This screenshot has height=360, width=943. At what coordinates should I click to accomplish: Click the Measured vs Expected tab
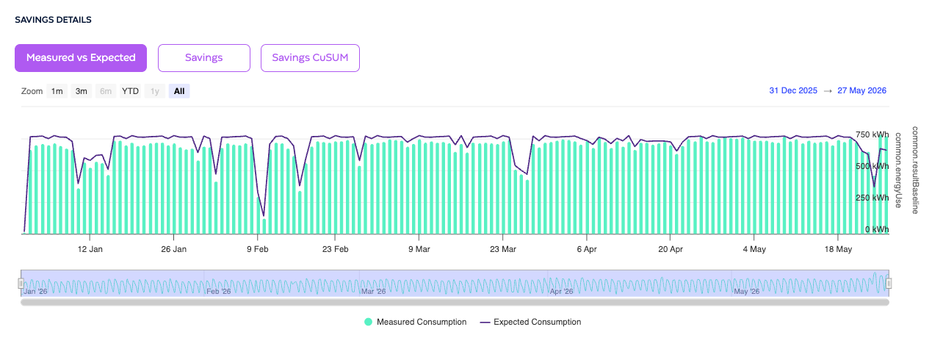(81, 58)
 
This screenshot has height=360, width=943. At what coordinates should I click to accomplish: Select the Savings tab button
(204, 58)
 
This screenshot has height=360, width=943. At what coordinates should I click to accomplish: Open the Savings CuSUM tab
(310, 58)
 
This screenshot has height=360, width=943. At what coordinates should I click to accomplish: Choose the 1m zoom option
(57, 91)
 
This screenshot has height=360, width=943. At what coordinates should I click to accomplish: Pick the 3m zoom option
(82, 91)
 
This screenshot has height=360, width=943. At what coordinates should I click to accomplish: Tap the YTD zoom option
(130, 91)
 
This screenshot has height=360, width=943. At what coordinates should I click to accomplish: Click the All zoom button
(179, 91)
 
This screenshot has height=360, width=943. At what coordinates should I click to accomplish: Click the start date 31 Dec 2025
(793, 90)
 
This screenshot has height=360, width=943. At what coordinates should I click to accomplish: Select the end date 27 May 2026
(861, 90)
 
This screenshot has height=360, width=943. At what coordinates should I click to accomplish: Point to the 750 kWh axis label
(872, 134)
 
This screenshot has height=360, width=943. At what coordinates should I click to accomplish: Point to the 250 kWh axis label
(872, 198)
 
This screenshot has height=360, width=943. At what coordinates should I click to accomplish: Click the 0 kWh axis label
(877, 229)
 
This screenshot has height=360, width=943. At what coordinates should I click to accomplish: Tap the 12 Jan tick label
(90, 249)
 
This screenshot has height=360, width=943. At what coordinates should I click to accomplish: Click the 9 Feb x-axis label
(258, 249)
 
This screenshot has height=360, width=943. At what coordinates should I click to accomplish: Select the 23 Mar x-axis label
(503, 249)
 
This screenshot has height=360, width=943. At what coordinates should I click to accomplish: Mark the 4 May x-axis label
(754, 249)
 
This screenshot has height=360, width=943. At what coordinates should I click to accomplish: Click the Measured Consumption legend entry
(416, 322)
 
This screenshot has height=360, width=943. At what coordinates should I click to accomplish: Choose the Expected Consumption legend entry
(530, 322)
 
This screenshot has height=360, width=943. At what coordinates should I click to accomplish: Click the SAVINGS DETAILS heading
(53, 20)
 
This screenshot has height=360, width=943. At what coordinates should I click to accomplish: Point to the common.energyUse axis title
(898, 170)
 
